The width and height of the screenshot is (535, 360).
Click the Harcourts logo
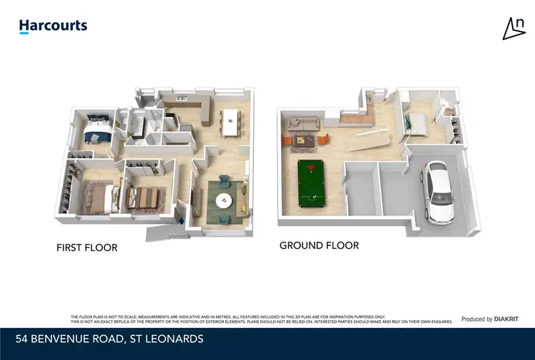(x=53, y=26)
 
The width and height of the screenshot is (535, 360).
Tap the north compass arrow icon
(x=514, y=28)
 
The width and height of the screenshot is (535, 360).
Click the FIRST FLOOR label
(x=87, y=248)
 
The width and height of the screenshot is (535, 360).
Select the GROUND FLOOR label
(x=319, y=245)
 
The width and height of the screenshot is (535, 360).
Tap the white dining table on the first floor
(x=230, y=122)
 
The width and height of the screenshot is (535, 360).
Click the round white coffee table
(x=224, y=200)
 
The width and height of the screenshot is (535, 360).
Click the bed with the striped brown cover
(x=146, y=197)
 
